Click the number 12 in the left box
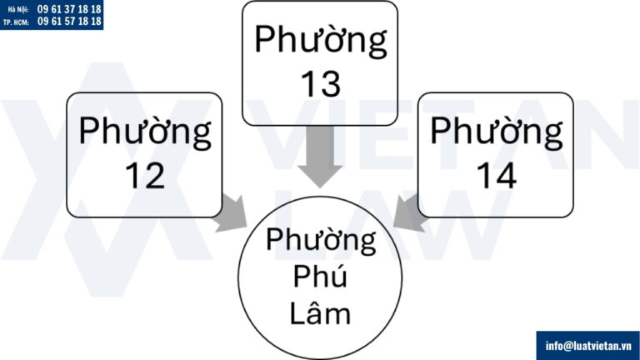144,176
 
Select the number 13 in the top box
320,83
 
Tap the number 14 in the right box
496,175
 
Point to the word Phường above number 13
321,40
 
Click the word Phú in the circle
321,277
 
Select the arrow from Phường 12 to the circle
229,212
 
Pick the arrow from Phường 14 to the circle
410,212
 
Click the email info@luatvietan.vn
587,345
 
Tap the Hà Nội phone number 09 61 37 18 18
69,7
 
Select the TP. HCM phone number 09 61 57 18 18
69,21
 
